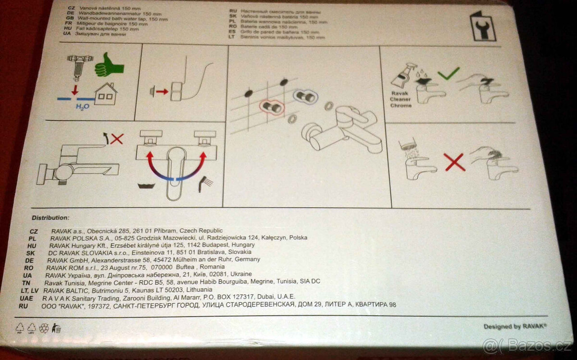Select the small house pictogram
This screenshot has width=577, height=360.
click(x=106, y=94)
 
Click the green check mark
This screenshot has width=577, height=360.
click(x=448, y=73)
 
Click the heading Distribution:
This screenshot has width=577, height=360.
click(x=50, y=217)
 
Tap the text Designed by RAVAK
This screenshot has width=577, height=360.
click(x=515, y=326)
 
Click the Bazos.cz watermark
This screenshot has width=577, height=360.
click(x=528, y=347)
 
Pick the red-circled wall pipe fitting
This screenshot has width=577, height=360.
click(x=272, y=107)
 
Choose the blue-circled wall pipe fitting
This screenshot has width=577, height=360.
click(x=305, y=96)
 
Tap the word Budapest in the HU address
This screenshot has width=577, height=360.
click(x=197, y=245)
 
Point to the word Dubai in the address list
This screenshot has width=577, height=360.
click(x=266, y=297)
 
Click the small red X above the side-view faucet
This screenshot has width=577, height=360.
click(x=117, y=139)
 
